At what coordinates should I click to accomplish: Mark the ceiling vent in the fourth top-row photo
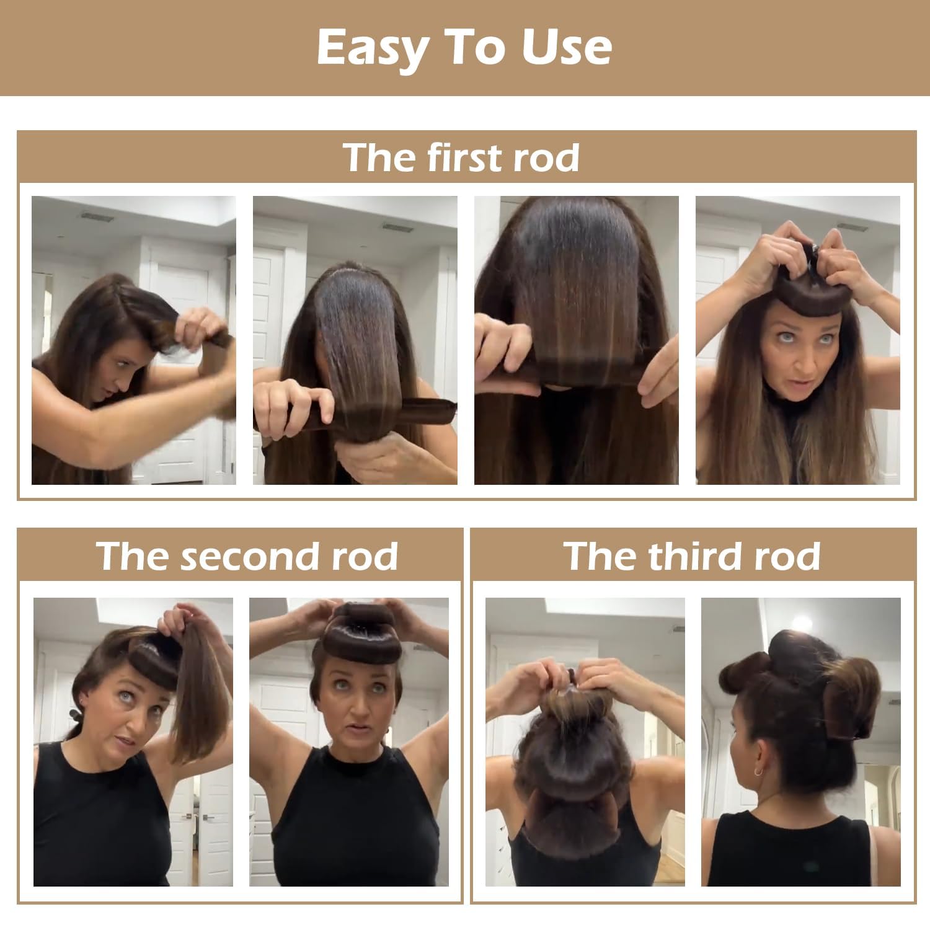(852, 227)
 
